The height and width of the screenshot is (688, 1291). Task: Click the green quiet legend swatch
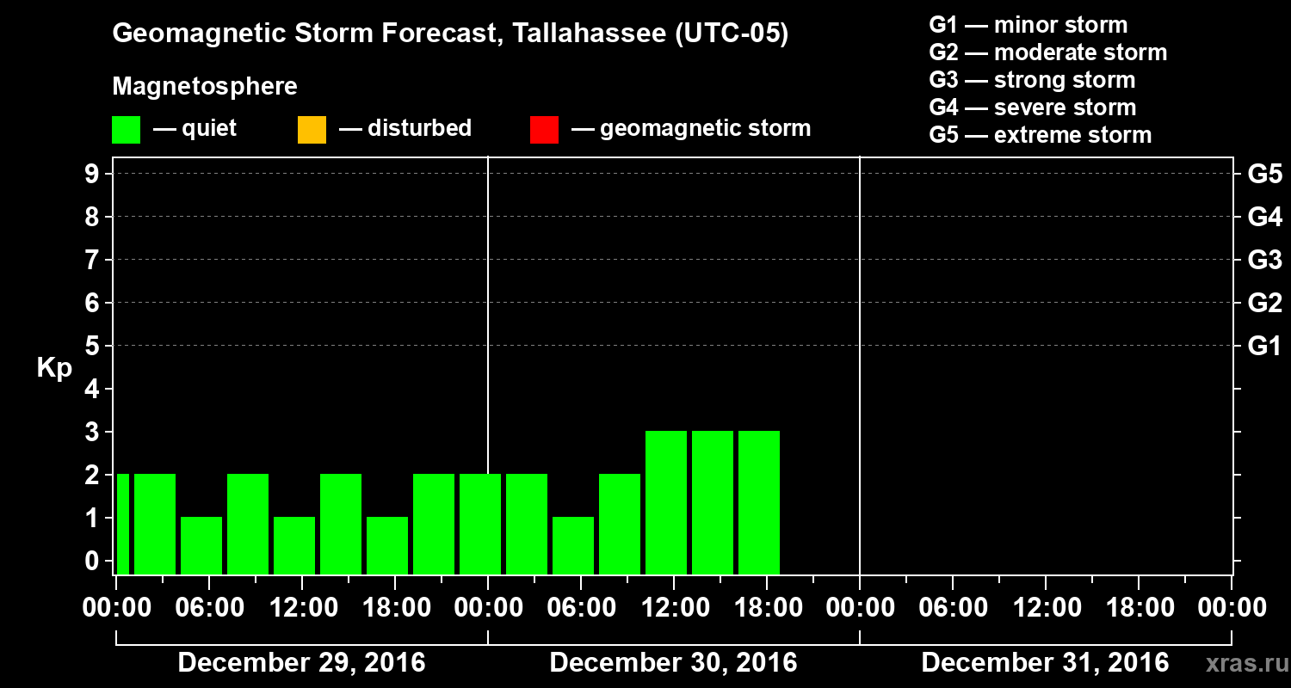pyautogui.click(x=126, y=130)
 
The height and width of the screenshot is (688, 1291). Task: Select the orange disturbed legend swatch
pyautogui.click(x=312, y=130)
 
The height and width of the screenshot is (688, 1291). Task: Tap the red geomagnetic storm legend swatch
pyautogui.click(x=544, y=130)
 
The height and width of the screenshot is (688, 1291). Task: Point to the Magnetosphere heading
pyautogui.click(x=205, y=87)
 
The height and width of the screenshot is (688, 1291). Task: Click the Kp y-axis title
pyautogui.click(x=54, y=368)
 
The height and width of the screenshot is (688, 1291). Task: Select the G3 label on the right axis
pyautogui.click(x=1264, y=260)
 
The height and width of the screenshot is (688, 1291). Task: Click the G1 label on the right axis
pyautogui.click(x=1264, y=346)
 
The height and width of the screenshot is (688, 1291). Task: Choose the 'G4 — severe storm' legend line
pyautogui.click(x=1032, y=107)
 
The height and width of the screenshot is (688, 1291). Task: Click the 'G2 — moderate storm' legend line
pyautogui.click(x=1047, y=52)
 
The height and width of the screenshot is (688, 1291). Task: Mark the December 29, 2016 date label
pyautogui.click(x=301, y=663)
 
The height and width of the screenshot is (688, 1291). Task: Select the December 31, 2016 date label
pyautogui.click(x=1045, y=663)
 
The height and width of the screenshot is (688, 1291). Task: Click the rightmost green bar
pyautogui.click(x=759, y=502)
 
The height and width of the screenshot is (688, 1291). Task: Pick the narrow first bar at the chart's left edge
pyautogui.click(x=123, y=524)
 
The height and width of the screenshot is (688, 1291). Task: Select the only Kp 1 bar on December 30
pyautogui.click(x=573, y=545)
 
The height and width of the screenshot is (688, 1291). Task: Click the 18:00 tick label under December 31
pyautogui.click(x=1138, y=608)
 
